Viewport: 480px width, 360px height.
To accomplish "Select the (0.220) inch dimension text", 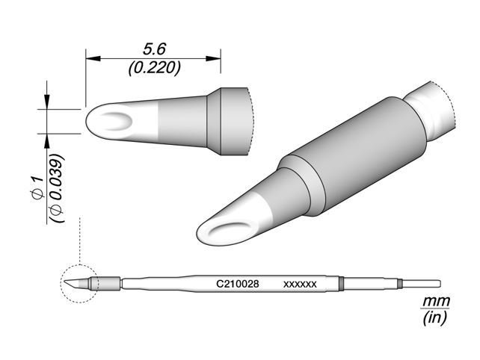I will coord(153,68).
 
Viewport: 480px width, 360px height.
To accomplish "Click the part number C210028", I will coord(238,285).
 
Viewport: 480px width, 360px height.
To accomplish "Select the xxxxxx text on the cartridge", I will coord(301,285).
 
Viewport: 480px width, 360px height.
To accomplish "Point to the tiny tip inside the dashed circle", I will coord(78,284).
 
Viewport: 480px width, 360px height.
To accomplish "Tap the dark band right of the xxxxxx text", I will coord(341,284).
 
